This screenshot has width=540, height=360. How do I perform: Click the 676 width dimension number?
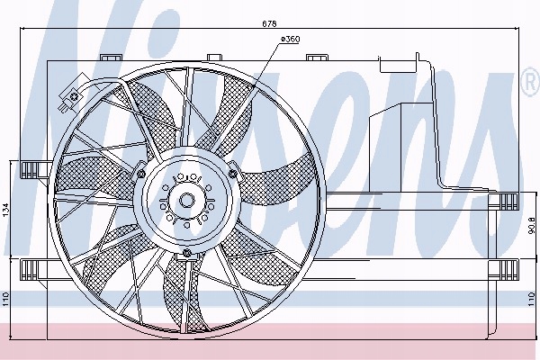tap(269, 23)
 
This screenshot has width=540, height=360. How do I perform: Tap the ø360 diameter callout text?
tap(291, 40)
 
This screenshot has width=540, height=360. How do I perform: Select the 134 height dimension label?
tap(6, 210)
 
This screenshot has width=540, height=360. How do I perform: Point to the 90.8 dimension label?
tap(533, 224)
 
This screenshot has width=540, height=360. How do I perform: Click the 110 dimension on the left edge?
tap(6, 299)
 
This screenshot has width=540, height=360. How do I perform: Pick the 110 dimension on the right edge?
tap(533, 299)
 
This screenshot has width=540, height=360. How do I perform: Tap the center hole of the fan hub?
tap(187, 200)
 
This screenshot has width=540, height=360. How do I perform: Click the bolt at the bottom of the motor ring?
tap(187, 254)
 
